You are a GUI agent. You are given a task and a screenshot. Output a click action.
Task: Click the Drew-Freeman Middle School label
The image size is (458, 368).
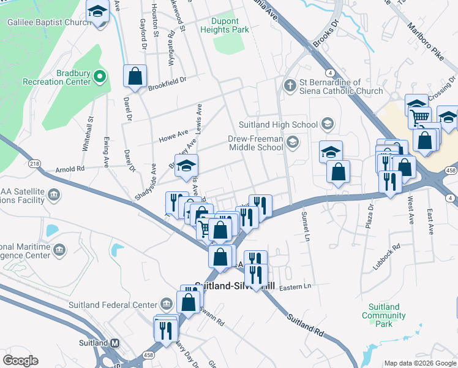tap(255, 143)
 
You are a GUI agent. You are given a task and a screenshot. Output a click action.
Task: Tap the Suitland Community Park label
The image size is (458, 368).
tap(384, 315)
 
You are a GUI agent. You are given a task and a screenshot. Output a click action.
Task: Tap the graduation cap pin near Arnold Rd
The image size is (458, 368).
tap(187, 166)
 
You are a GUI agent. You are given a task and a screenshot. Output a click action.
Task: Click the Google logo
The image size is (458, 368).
tap(20, 361)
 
